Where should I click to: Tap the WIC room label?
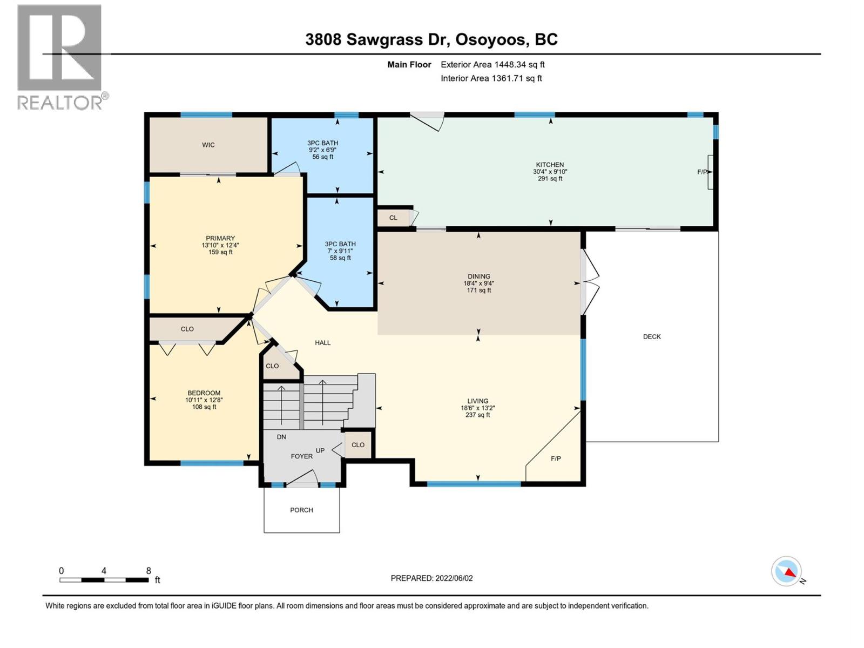[208, 145]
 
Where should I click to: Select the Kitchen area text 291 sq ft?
[550, 179]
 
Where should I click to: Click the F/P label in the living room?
[556, 458]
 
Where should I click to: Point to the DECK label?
[652, 336]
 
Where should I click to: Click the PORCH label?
[301, 510]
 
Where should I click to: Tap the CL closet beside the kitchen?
[393, 218]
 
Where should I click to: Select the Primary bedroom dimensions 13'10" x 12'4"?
[220, 245]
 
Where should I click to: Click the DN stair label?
[281, 437]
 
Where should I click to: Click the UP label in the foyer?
[320, 450]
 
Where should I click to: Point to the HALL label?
[323, 342]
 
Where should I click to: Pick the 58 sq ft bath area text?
[340, 258]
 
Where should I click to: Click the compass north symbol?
[787, 571]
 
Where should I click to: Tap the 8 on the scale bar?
[148, 571]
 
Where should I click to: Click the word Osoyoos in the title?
[490, 39]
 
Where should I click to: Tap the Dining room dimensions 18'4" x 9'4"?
[478, 283]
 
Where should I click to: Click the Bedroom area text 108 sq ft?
[204, 407]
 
